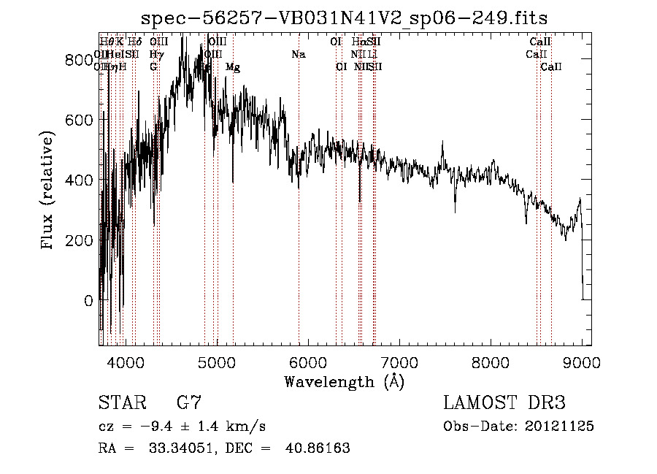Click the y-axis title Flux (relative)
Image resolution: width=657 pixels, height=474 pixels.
coord(48,191)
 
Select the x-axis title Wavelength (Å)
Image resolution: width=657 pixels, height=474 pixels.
coord(344,381)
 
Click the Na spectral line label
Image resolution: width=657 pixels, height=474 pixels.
coord(298,55)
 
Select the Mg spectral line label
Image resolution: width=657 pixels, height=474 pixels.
coord(233,67)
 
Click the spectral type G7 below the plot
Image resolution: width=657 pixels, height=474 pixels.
coord(188,402)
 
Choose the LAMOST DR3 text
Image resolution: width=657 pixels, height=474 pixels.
coord(504,402)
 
